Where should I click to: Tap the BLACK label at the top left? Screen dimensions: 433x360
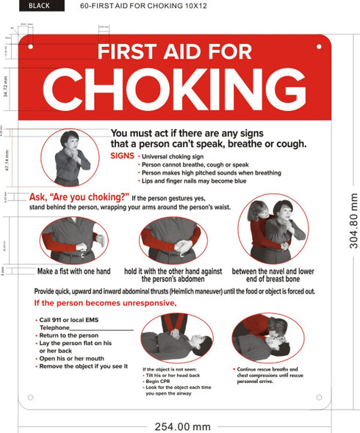tap(39, 7)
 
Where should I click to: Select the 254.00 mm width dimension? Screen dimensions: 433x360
tap(182, 426)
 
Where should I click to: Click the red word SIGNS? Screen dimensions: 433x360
tap(122, 156)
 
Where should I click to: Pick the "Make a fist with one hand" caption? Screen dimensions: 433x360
tap(73, 272)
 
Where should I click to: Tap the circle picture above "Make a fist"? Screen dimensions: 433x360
tap(73, 240)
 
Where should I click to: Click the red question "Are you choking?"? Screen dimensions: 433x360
tap(79, 197)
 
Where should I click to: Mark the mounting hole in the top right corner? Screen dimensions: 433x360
tap(319, 46)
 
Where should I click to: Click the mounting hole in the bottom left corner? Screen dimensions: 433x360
tap(30, 398)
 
